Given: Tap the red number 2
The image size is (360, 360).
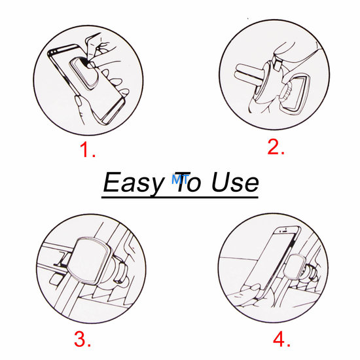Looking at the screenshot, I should (275, 147).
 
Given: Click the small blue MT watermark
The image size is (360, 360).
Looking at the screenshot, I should (179, 175).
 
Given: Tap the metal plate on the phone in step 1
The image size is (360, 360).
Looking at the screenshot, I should (83, 72).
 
